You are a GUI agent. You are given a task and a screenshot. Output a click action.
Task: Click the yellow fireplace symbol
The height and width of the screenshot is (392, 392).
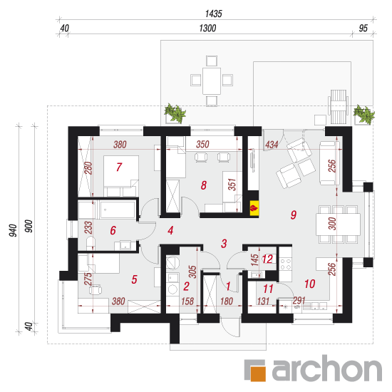click(x=254, y=207)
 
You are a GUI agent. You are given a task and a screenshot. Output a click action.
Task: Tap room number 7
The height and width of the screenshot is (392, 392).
click(x=119, y=167)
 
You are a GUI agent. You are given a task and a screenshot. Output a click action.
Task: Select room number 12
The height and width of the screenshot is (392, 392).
click(x=267, y=259)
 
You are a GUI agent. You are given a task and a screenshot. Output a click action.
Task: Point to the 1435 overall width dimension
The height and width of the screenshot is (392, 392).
click(x=214, y=14)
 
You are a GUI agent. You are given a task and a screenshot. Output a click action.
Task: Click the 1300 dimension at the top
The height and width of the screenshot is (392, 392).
click(x=207, y=29)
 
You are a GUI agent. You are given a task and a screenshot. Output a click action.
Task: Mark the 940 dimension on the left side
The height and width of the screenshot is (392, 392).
click(x=13, y=230)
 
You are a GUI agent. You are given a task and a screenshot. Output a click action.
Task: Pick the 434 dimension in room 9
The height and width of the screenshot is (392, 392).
click(x=272, y=145)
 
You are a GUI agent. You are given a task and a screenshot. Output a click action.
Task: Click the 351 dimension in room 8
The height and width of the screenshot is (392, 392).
click(x=232, y=185)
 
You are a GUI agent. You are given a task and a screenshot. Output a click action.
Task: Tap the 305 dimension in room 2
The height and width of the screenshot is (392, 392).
click(x=192, y=272)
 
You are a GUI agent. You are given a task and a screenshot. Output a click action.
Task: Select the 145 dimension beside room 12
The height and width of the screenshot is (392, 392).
click(x=254, y=260)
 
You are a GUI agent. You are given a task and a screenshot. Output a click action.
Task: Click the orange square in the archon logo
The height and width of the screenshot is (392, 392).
click(x=258, y=373)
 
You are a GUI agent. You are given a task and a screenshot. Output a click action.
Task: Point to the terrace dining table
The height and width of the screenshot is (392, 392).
click(x=212, y=81)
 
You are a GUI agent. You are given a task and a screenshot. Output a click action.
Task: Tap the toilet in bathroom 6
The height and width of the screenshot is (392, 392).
click(x=91, y=244)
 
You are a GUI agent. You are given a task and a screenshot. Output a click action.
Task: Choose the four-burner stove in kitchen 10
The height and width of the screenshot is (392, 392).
click(x=286, y=264)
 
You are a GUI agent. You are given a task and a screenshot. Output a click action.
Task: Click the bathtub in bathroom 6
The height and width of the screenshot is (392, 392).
click(x=118, y=210)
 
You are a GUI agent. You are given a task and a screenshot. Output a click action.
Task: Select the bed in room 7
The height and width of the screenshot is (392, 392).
click(x=121, y=176)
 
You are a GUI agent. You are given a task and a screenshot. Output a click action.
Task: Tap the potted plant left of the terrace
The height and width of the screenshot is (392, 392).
click(x=175, y=113)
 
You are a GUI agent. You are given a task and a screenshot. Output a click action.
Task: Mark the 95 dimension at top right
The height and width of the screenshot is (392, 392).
click(x=363, y=29)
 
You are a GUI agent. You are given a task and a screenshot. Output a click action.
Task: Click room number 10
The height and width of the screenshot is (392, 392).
click(x=310, y=284)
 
